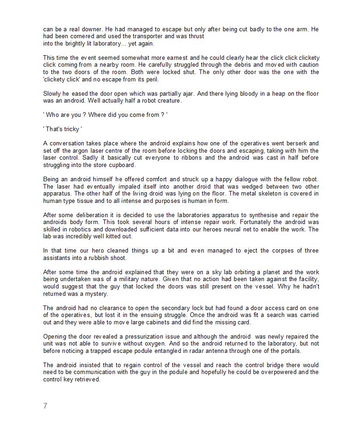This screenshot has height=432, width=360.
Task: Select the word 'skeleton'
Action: (x=234, y=194)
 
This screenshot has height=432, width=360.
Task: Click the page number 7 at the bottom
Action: (x=45, y=406)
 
